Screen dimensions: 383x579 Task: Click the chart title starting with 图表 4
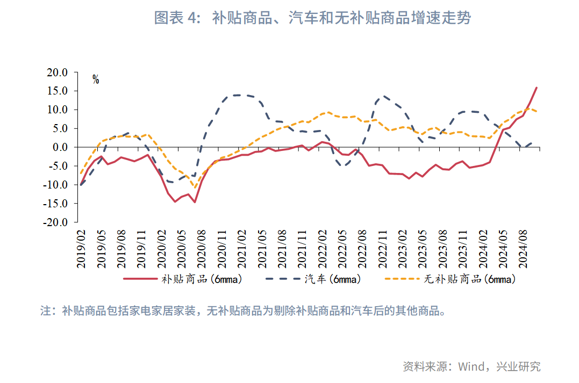pos(312,18)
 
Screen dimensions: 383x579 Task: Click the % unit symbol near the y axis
pos(96,80)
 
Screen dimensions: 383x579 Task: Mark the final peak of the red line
pos(537,88)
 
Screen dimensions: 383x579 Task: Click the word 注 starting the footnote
pos(45,311)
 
